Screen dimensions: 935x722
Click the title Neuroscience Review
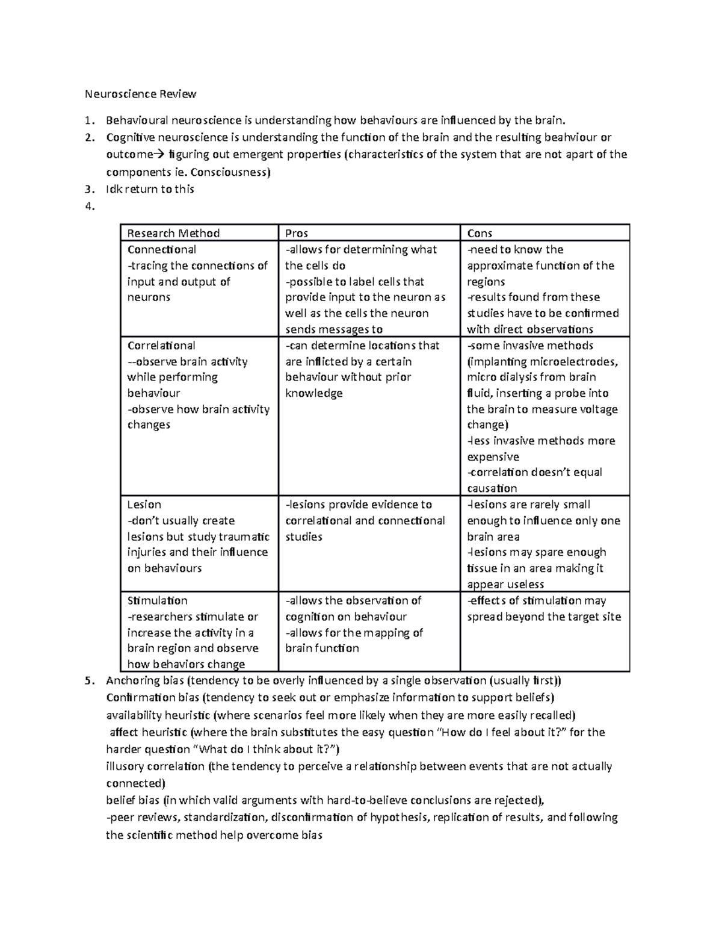tap(140, 94)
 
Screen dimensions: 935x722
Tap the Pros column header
tap(297, 233)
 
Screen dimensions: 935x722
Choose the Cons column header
tap(480, 233)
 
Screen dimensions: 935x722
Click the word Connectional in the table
tap(161, 249)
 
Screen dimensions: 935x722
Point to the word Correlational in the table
tap(161, 346)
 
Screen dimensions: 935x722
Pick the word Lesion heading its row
tap(144, 505)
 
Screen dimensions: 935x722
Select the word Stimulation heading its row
tap(157, 600)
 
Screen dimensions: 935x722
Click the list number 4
tap(90, 207)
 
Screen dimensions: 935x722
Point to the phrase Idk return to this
tap(150, 189)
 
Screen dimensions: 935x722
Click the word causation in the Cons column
tap(492, 488)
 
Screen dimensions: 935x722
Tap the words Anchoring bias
tap(145, 681)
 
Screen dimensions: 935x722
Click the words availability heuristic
tap(158, 715)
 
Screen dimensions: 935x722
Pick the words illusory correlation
tap(155, 766)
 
